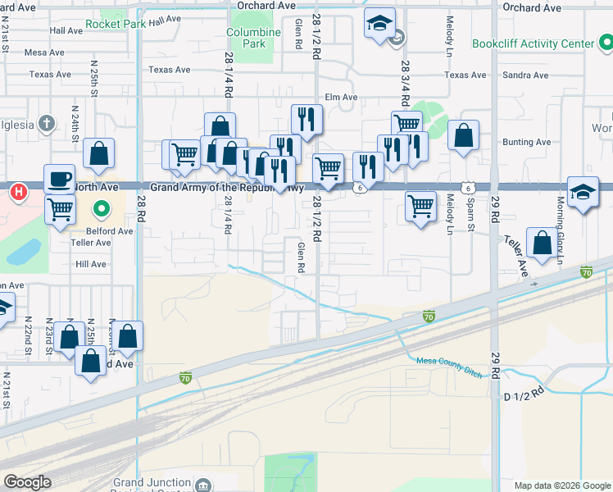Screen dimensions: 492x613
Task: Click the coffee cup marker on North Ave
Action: [59, 178]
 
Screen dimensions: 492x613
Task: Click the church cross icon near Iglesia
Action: [48, 125]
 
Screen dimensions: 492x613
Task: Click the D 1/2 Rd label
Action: [524, 394]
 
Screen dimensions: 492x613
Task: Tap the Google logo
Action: [27, 482]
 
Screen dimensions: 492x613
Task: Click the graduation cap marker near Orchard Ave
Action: [379, 24]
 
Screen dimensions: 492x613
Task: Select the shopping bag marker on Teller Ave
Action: [541, 243]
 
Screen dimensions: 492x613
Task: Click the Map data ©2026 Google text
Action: [562, 485]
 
